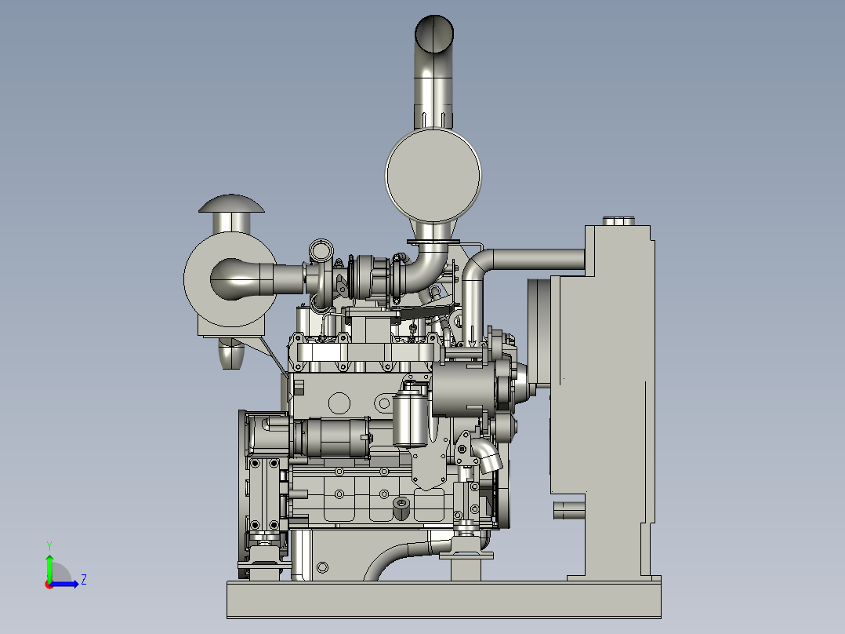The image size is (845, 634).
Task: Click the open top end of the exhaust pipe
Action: pyautogui.click(x=433, y=33)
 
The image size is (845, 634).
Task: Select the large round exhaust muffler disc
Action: pyautogui.click(x=433, y=175)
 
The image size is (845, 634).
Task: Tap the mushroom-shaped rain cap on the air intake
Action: pyautogui.click(x=231, y=203)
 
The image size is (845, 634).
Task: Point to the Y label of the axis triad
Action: pyautogui.click(x=49, y=545)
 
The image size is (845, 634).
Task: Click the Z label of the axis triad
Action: pyautogui.click(x=84, y=580)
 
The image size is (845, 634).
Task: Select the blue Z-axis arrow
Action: pyautogui.click(x=64, y=584)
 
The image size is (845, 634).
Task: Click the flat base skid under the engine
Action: pyautogui.click(x=444, y=599)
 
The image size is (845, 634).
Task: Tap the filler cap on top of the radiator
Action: pyautogui.click(x=618, y=221)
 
